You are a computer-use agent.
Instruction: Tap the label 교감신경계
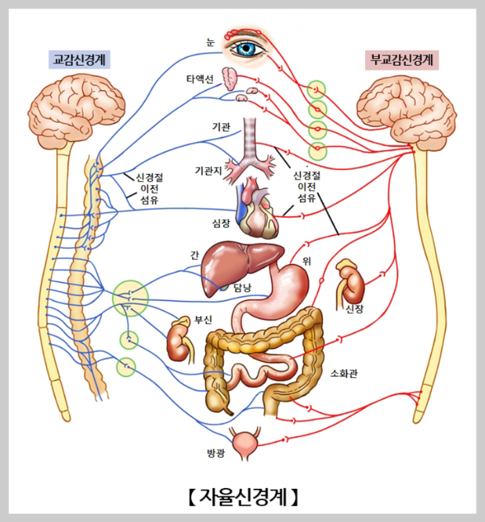[82, 60]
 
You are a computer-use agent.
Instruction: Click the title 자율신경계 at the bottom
[242, 496]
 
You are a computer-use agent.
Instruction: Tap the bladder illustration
[247, 444]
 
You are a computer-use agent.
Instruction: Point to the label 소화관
[344, 374]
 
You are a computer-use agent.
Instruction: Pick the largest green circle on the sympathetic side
[130, 297]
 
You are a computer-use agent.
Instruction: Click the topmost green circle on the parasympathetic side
[317, 89]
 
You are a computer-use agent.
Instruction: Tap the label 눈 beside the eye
[210, 41]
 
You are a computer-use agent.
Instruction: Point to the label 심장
[220, 223]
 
